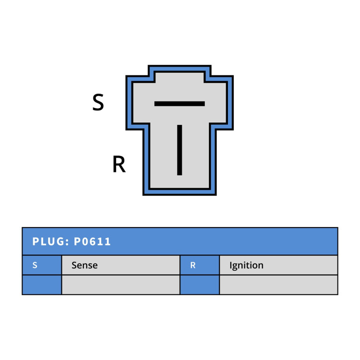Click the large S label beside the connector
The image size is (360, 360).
point(98,102)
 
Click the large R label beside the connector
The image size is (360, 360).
point(119,164)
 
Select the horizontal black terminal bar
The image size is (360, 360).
point(180,104)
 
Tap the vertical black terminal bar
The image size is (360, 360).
point(180,150)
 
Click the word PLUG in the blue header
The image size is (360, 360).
point(48,241)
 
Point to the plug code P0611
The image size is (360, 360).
point(92,241)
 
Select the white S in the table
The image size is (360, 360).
point(35,265)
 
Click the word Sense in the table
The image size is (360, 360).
point(84,265)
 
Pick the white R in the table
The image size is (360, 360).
point(193,265)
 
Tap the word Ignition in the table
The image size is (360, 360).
point(246,265)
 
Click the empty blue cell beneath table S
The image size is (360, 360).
point(42,285)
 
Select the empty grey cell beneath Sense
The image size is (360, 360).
point(121,285)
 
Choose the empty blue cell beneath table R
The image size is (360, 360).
point(200,285)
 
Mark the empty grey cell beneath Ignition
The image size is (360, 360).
point(278,285)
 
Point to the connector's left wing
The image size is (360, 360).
point(138,103)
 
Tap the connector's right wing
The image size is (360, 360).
point(221,103)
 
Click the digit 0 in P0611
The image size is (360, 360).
point(84,241)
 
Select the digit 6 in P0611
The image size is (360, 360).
point(93,241)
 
